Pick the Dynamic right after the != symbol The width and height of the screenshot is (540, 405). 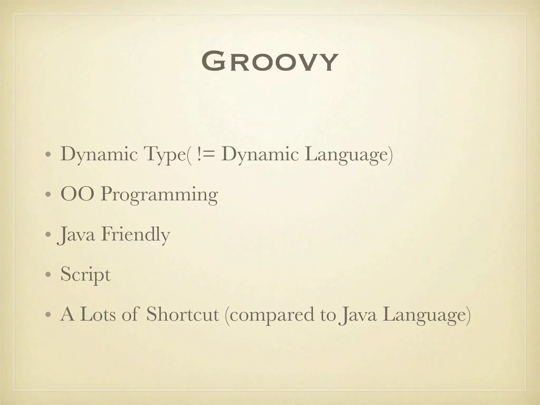pyautogui.click(x=260, y=154)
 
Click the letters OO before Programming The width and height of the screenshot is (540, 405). pyautogui.click(x=77, y=194)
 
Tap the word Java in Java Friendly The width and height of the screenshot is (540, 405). pyautogui.click(x=76, y=235)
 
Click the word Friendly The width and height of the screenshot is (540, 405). pyautogui.click(x=135, y=235)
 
